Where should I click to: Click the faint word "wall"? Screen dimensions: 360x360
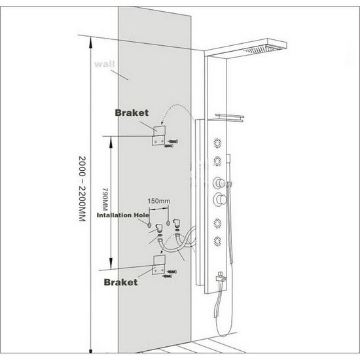[105, 64]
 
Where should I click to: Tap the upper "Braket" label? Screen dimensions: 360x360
[132, 113]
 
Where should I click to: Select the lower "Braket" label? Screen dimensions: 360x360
[121, 282]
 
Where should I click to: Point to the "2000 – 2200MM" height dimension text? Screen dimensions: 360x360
[82, 189]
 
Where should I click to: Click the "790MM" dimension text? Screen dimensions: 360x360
[105, 200]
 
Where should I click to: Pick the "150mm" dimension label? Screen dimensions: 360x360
[159, 201]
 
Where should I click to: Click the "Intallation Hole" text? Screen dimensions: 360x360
[123, 215]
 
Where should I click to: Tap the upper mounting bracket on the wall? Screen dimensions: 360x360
[158, 135]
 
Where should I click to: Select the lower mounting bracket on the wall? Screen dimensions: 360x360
[158, 265]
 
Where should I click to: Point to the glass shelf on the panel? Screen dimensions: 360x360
[230, 118]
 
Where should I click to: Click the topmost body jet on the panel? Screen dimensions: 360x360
[218, 143]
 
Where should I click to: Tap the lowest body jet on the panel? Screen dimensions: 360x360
[217, 242]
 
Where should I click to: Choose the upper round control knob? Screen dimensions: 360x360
[219, 183]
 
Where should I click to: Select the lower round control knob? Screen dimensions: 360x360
[220, 199]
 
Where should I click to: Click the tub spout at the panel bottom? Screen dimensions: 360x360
[221, 278]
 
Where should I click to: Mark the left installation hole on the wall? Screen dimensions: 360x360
[150, 225]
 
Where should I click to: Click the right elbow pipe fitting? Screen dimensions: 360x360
[177, 223]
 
